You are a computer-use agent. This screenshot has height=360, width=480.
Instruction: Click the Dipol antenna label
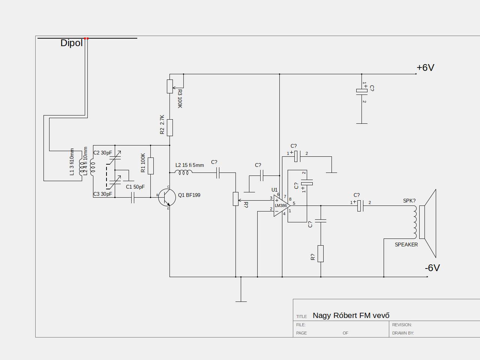72,43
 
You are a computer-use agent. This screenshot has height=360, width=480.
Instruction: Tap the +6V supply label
425,68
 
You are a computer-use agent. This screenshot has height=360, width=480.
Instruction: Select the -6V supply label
432,268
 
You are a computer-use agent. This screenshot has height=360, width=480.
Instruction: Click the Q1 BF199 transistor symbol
167,198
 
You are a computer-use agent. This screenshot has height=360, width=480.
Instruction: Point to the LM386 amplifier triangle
282,205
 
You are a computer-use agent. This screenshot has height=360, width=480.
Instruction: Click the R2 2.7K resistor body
170,127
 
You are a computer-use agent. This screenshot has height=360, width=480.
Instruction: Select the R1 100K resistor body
151,166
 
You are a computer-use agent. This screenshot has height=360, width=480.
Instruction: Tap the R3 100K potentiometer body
170,87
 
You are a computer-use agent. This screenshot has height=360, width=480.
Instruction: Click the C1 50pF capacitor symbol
132,198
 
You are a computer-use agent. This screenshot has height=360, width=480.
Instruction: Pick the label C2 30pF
102,153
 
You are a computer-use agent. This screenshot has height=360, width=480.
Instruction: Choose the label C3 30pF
102,194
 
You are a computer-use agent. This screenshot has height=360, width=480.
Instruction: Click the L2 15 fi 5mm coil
184,172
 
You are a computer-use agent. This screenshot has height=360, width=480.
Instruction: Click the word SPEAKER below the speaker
406,245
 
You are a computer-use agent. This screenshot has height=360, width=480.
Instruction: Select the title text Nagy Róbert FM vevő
351,316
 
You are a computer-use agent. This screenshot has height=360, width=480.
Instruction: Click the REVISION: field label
402,325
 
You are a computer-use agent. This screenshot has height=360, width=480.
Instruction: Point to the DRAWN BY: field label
403,333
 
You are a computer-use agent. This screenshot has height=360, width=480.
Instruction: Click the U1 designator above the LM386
274,190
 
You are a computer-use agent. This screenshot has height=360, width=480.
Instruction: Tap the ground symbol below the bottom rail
241,301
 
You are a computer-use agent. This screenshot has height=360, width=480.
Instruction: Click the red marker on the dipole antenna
86,39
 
